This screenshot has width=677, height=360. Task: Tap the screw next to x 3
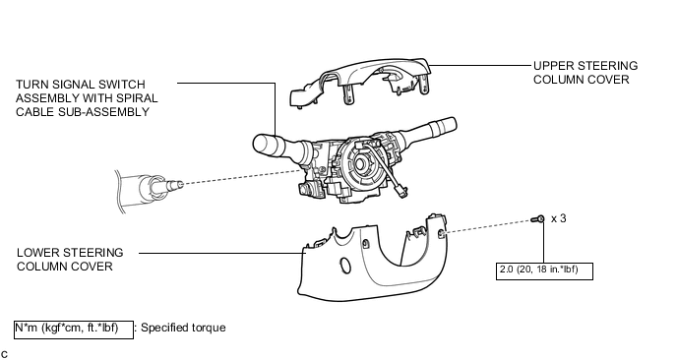[x=538, y=219]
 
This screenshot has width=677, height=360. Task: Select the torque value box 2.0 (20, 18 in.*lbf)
[x=544, y=271]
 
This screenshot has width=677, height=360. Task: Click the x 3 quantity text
[x=559, y=218]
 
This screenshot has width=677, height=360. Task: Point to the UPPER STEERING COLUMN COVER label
[x=585, y=73]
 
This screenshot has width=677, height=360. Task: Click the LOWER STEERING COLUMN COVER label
[x=70, y=260]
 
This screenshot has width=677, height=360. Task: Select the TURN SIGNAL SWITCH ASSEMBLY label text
[x=87, y=98]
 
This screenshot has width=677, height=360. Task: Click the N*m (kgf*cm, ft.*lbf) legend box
[x=74, y=330]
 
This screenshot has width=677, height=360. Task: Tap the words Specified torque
[x=183, y=328]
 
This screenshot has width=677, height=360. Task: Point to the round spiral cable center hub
[x=360, y=164]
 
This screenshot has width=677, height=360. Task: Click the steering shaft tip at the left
[x=176, y=185]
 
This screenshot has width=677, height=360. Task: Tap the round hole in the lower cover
[x=345, y=265]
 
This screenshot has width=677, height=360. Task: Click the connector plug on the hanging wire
[x=400, y=192]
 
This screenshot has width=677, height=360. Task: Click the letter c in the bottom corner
[x=4, y=355]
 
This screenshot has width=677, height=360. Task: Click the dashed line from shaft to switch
[x=243, y=177]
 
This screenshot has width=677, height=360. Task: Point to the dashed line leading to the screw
[x=488, y=226]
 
